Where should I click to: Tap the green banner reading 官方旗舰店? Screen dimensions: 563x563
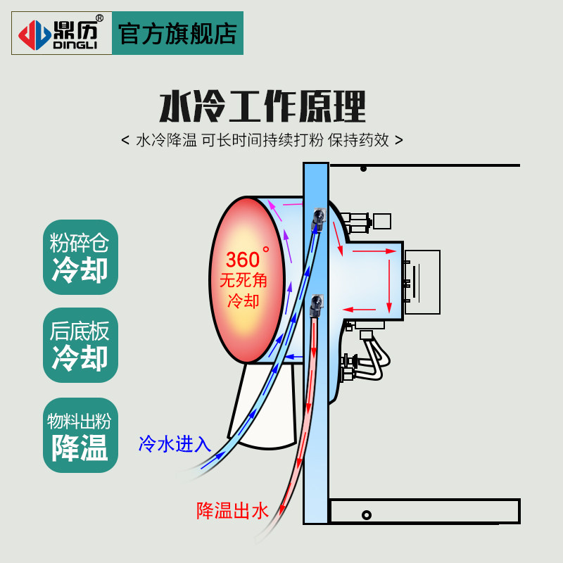[x=177, y=33]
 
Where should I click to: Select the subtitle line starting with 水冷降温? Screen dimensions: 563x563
[x=262, y=139]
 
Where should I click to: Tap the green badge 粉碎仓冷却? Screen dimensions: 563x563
[x=80, y=258]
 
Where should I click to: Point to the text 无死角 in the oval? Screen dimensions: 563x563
[x=243, y=280]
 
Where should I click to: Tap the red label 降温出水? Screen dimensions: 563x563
[x=233, y=510]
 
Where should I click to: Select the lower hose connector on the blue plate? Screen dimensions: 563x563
[x=316, y=303]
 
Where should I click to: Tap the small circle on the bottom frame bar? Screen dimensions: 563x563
[x=367, y=515]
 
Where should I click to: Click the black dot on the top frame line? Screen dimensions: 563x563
[x=363, y=169]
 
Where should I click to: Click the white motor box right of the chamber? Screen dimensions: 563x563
[x=422, y=281]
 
